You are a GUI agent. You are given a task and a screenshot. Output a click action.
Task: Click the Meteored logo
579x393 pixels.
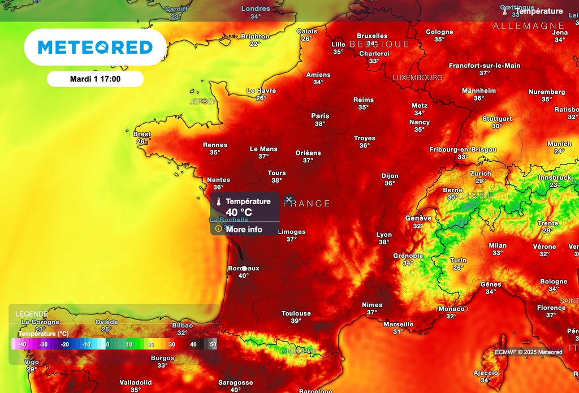click(95, 47)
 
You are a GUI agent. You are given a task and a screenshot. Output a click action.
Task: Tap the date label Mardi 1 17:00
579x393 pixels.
click(95, 79)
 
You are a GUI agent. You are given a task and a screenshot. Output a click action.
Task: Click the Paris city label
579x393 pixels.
click(320, 116)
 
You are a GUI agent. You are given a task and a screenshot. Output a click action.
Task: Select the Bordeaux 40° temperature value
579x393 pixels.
click(243, 276)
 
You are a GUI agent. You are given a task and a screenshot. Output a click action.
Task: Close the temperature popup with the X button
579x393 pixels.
click(289, 200)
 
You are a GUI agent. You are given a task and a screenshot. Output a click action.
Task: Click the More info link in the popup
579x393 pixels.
click(244, 230)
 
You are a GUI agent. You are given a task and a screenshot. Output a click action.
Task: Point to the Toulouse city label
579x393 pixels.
click(296, 313)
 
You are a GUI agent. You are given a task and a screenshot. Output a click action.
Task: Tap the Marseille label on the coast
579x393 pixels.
click(399, 324)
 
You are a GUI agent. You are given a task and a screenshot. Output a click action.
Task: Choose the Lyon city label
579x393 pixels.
click(384, 235)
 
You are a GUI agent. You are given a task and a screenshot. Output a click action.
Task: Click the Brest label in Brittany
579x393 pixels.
click(142, 134)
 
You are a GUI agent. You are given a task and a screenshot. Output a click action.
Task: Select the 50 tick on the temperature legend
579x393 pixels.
click(213, 344)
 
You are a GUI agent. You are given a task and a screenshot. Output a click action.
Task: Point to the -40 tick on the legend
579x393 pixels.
click(22, 344)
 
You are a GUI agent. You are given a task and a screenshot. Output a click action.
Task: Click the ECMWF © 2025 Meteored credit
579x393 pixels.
click(529, 352)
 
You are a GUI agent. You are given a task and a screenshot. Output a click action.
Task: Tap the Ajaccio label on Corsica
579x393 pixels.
click(486, 373)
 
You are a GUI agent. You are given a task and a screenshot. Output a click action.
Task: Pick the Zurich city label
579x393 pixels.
click(481, 174)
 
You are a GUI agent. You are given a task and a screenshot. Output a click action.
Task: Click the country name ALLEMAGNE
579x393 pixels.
click(529, 26)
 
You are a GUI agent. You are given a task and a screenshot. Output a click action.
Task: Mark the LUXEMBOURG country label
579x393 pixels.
click(418, 77)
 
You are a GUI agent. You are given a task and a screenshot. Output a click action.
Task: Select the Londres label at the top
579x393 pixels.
click(256, 8)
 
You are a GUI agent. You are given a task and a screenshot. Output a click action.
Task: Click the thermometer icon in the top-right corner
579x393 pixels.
click(504, 11)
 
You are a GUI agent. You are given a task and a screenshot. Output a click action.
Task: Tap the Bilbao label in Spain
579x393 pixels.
click(182, 325)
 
